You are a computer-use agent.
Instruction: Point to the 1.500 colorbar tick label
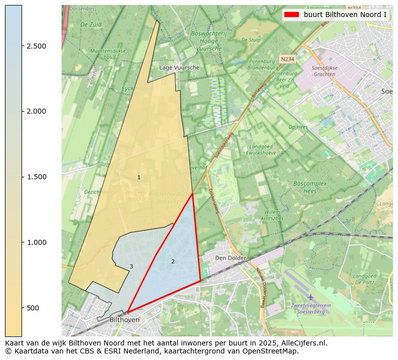tap(37, 177)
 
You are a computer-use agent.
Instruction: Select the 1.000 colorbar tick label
tap(37, 242)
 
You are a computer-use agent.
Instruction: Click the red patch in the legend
tap(291, 15)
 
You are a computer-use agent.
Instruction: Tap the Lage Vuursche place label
tap(179, 68)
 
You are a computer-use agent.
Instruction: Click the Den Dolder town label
tap(230, 258)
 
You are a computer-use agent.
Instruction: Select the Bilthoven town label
tap(124, 319)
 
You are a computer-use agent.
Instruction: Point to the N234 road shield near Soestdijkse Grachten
tap(287, 59)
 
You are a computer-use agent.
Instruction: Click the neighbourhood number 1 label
tap(139, 177)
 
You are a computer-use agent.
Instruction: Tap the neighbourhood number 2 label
tap(173, 261)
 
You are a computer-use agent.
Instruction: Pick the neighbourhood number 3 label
tap(131, 266)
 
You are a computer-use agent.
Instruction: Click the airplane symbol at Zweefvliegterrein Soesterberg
tap(311, 297)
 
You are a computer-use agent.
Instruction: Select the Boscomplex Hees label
tap(310, 187)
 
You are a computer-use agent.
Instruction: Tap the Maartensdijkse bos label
tap(108, 54)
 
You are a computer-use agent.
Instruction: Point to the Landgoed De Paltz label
tap(364, 279)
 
